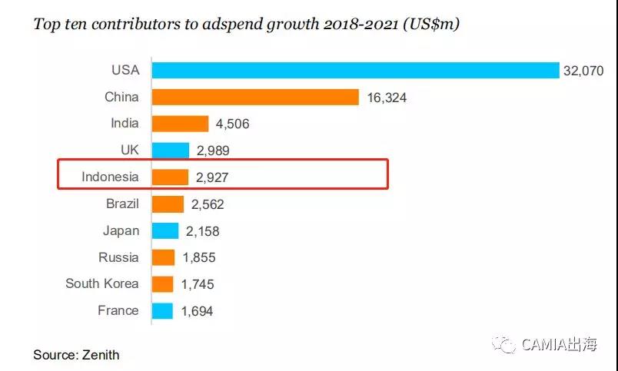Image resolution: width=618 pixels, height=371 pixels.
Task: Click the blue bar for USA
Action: click(x=355, y=70)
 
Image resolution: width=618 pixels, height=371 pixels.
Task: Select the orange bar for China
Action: click(x=255, y=97)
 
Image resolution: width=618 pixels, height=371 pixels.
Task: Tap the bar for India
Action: click(x=180, y=124)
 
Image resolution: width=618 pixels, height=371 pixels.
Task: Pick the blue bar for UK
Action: click(x=171, y=151)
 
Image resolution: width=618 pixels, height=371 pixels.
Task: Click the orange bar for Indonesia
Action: click(x=170, y=177)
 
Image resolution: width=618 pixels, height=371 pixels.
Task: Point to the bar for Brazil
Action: click(x=168, y=204)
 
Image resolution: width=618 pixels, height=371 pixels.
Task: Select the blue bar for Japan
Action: click(x=165, y=230)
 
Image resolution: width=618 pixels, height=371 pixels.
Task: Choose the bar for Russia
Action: click(x=164, y=257)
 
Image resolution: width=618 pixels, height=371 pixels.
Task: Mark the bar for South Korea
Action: click(x=163, y=284)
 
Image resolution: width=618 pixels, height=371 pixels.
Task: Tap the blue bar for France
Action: click(x=162, y=310)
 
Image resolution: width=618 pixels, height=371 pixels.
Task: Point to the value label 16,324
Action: click(x=386, y=98)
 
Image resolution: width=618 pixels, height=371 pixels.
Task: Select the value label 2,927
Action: click(x=211, y=177)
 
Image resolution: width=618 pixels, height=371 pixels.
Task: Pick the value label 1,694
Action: click(x=196, y=311)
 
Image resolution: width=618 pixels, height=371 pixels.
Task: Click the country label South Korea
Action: click(x=102, y=283)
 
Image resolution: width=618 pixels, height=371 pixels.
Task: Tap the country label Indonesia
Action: click(x=111, y=177)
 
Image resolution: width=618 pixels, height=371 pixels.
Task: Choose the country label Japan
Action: click(x=121, y=230)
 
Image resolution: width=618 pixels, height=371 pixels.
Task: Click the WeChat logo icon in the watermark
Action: click(x=504, y=345)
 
